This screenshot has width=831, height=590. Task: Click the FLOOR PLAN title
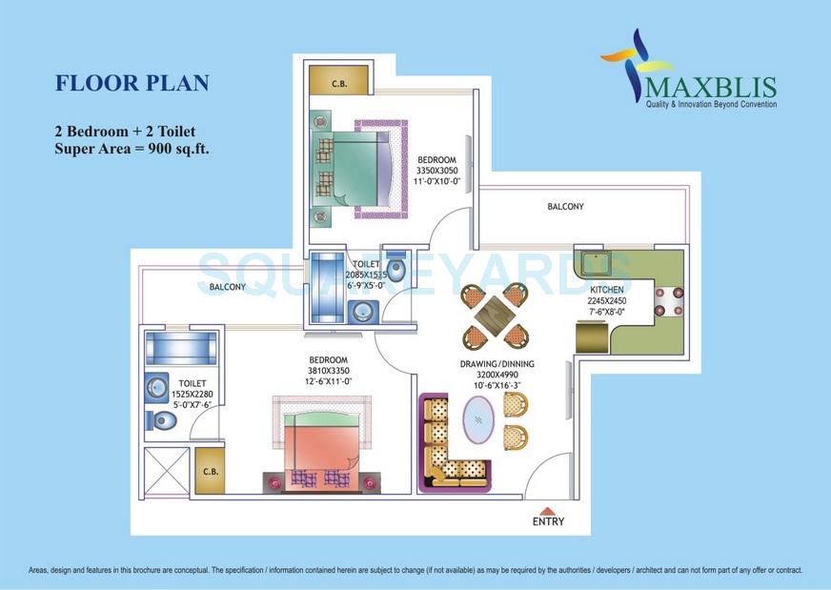[132, 83]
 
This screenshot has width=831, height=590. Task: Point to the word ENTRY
[549, 521]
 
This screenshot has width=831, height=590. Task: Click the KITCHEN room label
[606, 289]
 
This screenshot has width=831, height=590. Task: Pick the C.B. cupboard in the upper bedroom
[337, 83]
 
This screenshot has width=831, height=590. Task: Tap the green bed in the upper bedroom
[354, 169]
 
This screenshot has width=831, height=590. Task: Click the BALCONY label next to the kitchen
[565, 207]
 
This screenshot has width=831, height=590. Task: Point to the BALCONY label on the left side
[227, 287]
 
